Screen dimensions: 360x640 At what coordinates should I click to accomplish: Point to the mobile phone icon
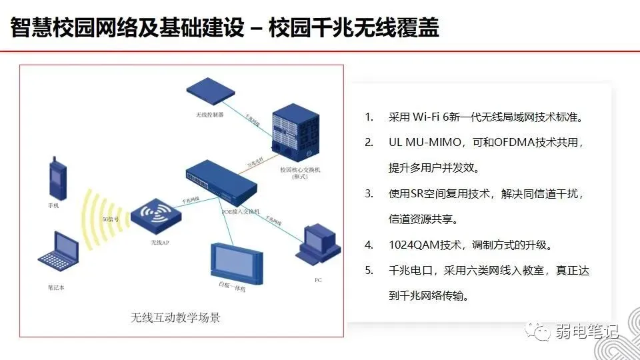(57, 179)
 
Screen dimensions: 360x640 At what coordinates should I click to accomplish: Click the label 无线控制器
(210, 115)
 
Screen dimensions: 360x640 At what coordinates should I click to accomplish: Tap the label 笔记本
(58, 287)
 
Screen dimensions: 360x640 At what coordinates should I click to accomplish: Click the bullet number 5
(369, 271)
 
